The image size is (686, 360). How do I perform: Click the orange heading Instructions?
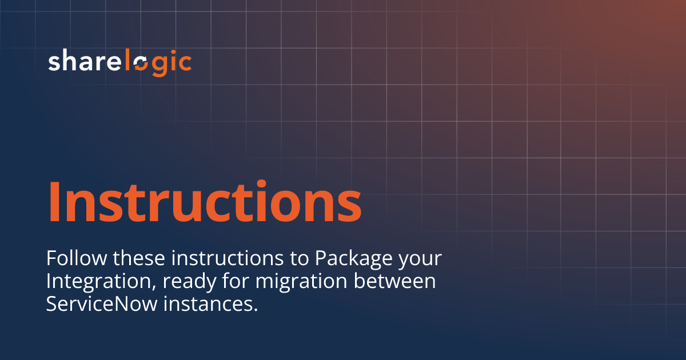pyautogui.click(x=205, y=202)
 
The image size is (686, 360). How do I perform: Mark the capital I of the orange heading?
pyautogui.click(x=55, y=201)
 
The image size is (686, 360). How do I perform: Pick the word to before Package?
pyautogui.click(x=297, y=259)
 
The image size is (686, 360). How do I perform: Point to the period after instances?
pyautogui.click(x=254, y=310)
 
